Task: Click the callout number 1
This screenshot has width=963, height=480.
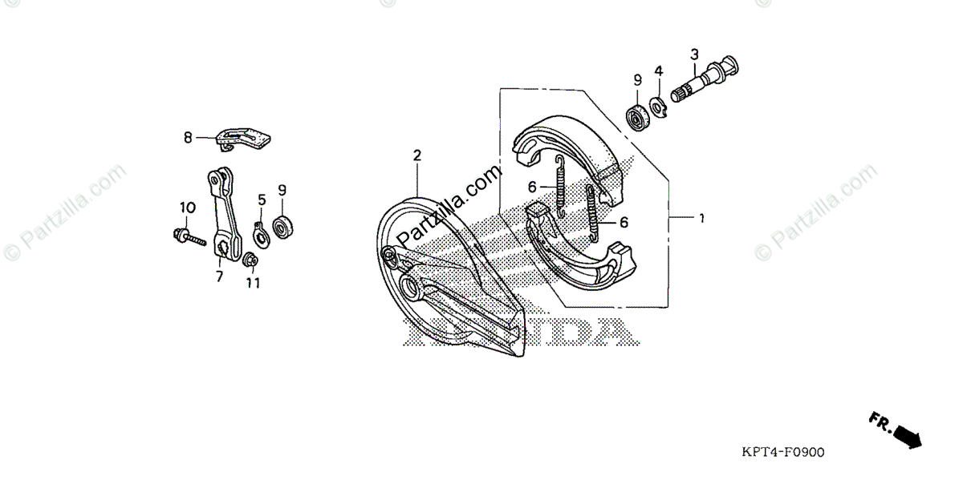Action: [x=701, y=218]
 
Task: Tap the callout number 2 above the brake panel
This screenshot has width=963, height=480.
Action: [x=417, y=155]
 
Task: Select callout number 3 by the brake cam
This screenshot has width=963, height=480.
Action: [x=695, y=54]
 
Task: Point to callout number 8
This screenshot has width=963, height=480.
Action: [x=188, y=137]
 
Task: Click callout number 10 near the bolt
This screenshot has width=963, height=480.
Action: [x=186, y=208]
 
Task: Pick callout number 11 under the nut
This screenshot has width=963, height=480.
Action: [x=253, y=283]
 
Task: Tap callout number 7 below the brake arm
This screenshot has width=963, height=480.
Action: [x=218, y=276]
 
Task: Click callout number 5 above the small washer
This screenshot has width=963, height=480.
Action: [x=262, y=199]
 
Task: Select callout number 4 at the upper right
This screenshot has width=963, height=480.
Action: [x=658, y=71]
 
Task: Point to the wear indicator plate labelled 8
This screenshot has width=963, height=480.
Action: [x=246, y=139]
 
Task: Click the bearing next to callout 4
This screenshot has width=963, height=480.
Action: [x=639, y=115]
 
